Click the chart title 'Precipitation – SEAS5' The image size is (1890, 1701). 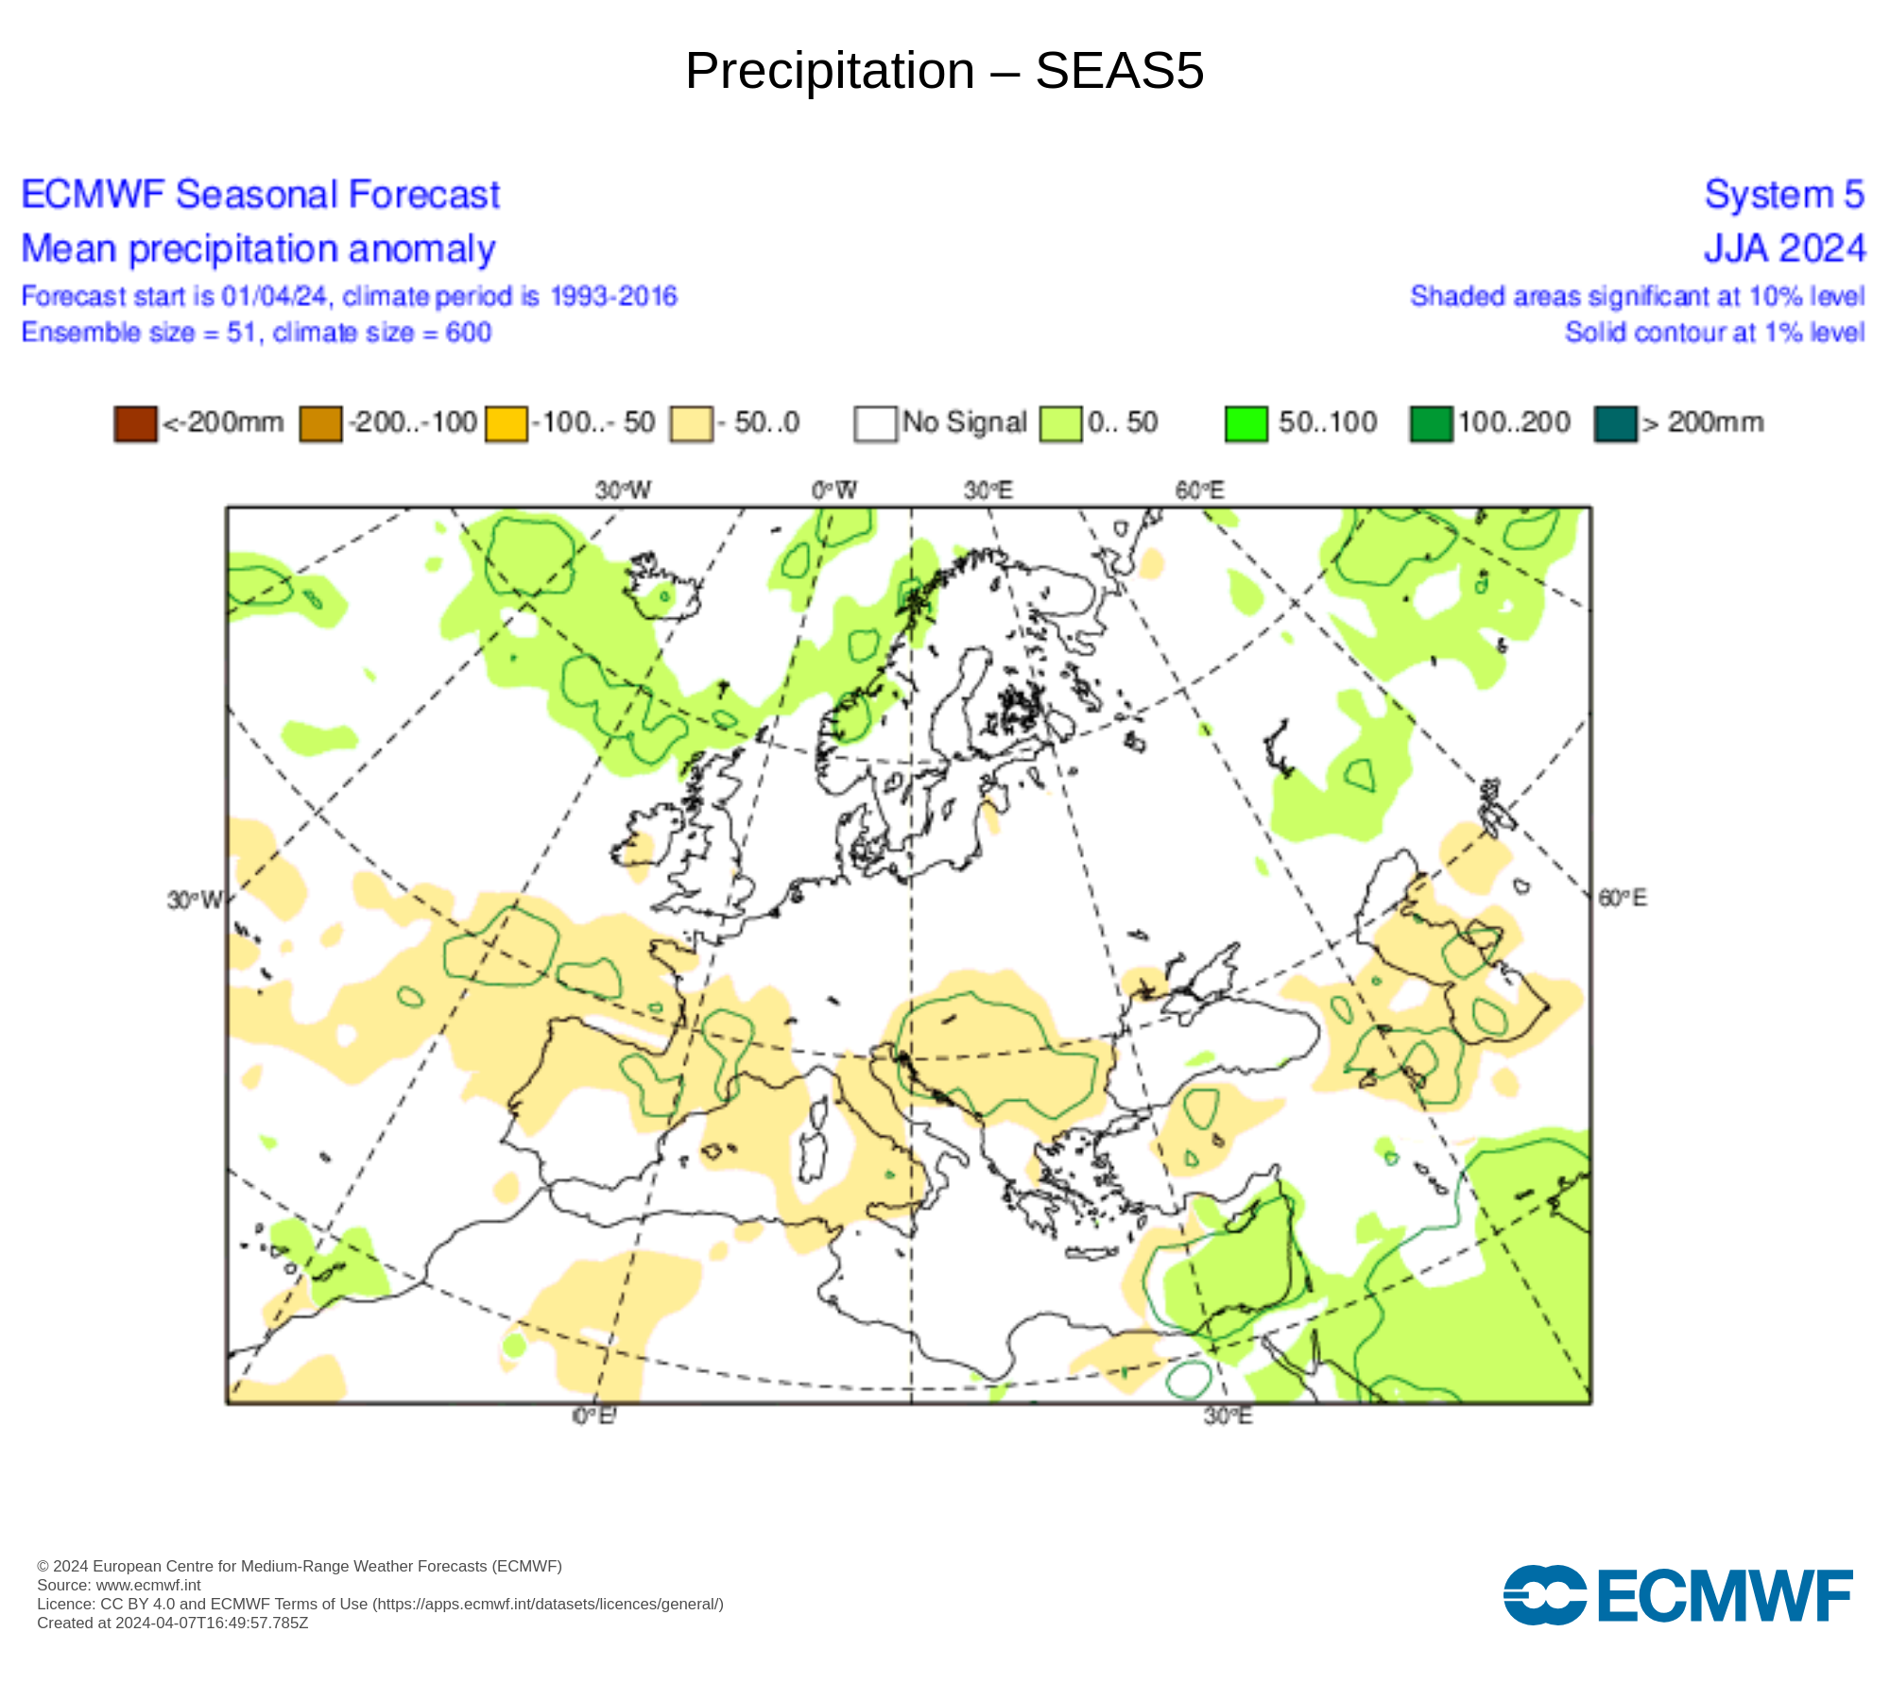coord(944,71)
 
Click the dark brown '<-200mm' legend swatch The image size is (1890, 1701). coord(135,423)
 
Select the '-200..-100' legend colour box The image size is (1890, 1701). coord(320,423)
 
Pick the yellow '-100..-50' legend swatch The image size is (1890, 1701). coord(506,423)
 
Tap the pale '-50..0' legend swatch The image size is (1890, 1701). coord(691,423)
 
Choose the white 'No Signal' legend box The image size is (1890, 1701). coord(875,423)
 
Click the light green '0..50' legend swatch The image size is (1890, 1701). coord(1060,423)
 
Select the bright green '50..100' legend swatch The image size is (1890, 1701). coord(1246,423)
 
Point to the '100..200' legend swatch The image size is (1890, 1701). coord(1431,423)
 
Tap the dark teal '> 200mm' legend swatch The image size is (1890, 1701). coord(1615,423)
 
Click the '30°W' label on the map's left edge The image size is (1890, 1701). coord(195,900)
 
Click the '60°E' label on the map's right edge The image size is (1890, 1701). coord(1623,898)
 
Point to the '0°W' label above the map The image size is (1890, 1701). coord(834,490)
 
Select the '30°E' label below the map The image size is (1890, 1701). coord(1228,1416)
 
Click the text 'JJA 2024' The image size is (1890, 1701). coord(1784,249)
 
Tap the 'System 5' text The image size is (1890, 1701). coord(1784,195)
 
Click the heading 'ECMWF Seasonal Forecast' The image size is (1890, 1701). coord(260,195)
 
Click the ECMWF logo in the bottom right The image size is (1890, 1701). coord(1677,1596)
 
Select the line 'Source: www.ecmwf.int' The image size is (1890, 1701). coord(119,1586)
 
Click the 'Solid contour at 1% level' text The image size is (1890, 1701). coord(1714,333)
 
